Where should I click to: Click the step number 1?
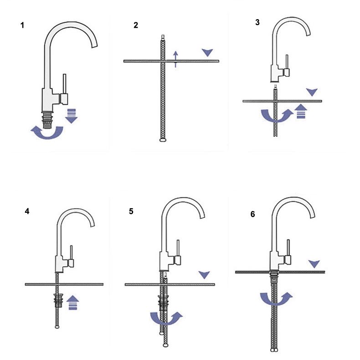(x=22, y=25)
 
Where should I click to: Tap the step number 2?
(x=136, y=25)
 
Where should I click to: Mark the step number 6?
(x=253, y=214)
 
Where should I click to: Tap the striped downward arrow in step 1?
(x=72, y=115)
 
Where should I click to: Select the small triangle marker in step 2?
(x=208, y=52)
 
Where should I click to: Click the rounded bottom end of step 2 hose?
(x=163, y=140)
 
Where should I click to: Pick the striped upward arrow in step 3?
(x=300, y=111)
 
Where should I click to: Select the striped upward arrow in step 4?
(x=72, y=302)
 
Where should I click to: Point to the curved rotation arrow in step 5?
(x=166, y=318)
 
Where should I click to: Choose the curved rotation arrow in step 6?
(x=276, y=299)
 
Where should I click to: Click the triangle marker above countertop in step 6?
(x=314, y=263)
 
